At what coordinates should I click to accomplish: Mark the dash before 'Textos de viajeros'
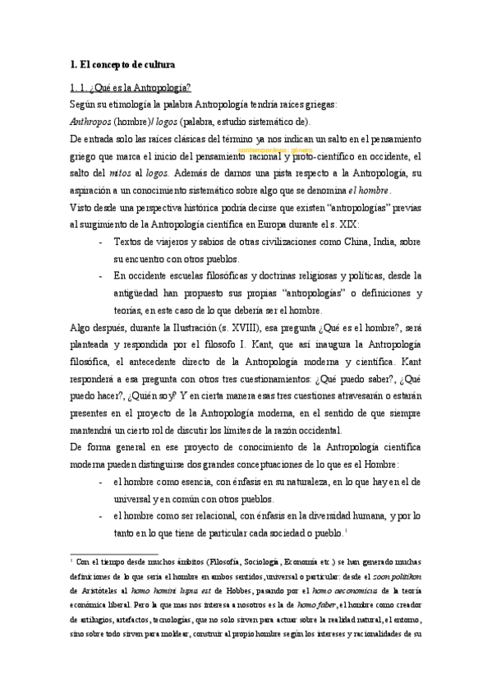click(x=100, y=243)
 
